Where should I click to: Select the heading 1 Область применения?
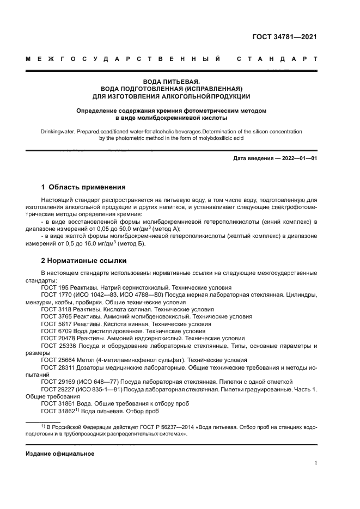[83, 187]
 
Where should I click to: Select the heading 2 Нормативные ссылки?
[84, 260]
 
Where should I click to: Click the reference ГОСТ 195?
[53, 287]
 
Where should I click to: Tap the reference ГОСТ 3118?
[55, 309]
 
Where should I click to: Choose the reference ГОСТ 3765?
[55, 316]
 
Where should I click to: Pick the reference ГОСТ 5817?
[55, 323]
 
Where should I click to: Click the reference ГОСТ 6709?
[55, 330]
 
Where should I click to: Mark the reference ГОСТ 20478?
[57, 338]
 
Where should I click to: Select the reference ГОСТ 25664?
[57, 360]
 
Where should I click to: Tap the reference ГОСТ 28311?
[57, 367]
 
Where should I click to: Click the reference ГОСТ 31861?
[57, 403]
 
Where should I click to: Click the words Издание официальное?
[60, 453]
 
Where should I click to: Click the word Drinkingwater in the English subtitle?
[58, 132]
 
